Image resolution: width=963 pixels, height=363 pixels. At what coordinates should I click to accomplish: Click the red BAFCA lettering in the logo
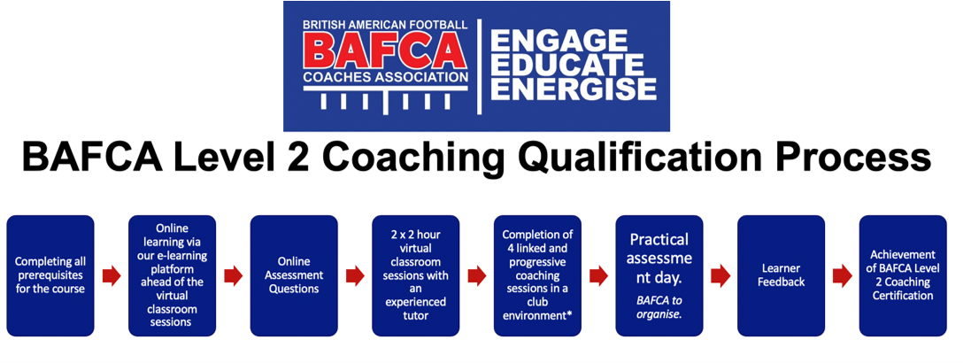tap(385, 51)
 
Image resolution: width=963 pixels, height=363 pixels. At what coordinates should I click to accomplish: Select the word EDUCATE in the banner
tap(566, 65)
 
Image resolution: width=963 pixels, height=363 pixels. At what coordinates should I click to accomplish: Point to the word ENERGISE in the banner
tap(573, 89)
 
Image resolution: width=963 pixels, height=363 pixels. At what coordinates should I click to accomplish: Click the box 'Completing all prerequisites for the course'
tap(50, 275)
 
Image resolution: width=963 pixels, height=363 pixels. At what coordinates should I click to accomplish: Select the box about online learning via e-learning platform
tap(172, 275)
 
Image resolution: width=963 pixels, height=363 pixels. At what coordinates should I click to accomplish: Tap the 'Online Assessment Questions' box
tap(294, 275)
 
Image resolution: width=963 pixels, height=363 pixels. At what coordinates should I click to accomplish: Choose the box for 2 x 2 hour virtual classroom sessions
tap(416, 275)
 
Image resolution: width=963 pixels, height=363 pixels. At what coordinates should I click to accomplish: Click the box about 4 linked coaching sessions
tap(537, 275)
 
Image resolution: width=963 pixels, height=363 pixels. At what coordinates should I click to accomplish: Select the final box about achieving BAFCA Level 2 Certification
tap(903, 275)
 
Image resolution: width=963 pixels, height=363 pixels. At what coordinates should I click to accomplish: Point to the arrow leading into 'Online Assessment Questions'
tap(234, 276)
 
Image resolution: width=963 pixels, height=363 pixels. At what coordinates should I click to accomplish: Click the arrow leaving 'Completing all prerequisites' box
tap(112, 276)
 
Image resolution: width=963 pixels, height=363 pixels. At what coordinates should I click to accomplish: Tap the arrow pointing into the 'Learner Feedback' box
tap(720, 276)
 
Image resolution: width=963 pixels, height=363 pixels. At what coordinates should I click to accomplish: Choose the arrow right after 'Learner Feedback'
tap(842, 276)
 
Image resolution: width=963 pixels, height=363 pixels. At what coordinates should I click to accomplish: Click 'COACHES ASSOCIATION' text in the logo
tap(385, 78)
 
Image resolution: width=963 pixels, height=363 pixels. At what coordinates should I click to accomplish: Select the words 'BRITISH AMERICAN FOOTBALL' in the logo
tap(385, 25)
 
